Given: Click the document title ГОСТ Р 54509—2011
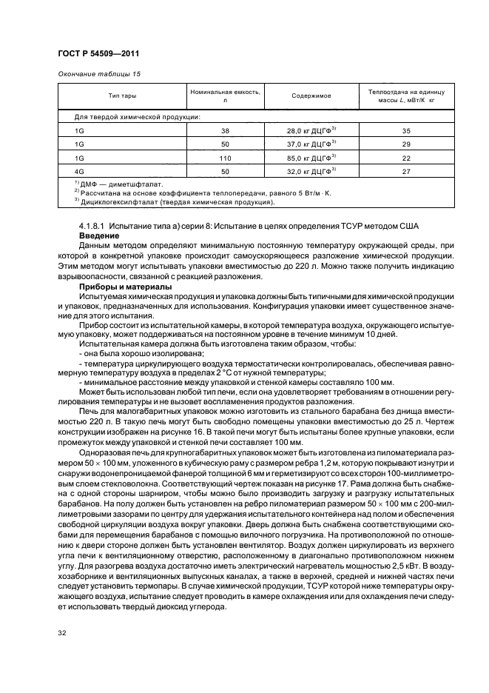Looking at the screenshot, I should [98, 53].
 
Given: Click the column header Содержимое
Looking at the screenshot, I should [311, 96].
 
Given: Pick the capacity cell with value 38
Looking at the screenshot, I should [225, 130].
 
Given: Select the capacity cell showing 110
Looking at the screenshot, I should [225, 158].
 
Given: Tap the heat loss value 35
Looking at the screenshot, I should [405, 130].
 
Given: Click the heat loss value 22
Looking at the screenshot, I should [405, 158].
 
